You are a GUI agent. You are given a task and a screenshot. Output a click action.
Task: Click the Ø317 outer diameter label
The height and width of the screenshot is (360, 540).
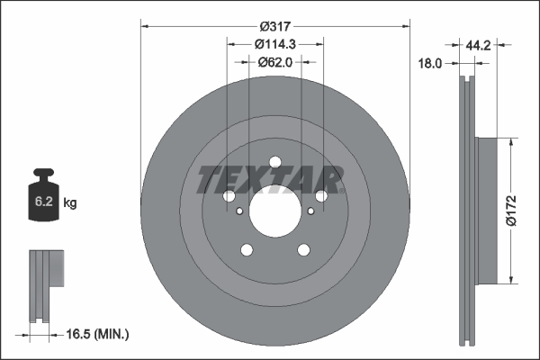click(x=275, y=26)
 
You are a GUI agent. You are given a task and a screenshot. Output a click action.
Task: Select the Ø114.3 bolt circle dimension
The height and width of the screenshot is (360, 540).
click(x=275, y=44)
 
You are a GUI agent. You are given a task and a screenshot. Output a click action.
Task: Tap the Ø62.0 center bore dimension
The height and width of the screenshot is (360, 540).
click(x=275, y=62)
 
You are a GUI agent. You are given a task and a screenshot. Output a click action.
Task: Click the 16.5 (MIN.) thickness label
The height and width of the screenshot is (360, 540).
click(x=100, y=334)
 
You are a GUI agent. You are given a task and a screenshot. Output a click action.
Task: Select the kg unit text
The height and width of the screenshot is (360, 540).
click(x=71, y=203)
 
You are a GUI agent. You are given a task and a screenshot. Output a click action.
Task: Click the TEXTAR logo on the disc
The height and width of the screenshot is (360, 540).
click(x=270, y=179)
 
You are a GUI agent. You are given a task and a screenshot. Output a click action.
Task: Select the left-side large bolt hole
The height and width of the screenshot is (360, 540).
click(x=229, y=196)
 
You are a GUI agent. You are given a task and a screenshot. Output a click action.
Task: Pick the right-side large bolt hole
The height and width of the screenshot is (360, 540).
click(x=321, y=196)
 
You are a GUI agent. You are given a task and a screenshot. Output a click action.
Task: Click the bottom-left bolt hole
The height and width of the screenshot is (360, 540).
click(x=246, y=252)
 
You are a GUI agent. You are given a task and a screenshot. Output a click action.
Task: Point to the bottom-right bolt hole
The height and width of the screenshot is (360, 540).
click(x=303, y=252)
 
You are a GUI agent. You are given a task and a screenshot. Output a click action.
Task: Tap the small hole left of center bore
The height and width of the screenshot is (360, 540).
click(x=238, y=211)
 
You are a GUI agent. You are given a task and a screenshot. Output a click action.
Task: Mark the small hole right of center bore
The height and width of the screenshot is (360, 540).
click(x=311, y=211)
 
